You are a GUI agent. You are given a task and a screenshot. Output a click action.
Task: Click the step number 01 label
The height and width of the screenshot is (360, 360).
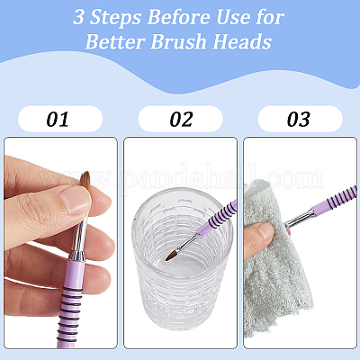[x=58, y=119]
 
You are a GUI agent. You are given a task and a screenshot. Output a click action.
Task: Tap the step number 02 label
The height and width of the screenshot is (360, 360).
[x=181, y=119]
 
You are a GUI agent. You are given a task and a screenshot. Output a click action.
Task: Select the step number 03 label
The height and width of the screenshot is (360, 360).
[x=298, y=119]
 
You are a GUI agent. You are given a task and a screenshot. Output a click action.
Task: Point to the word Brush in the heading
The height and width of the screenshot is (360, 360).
[x=178, y=41]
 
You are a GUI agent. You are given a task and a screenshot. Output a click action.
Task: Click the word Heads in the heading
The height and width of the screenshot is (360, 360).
[x=242, y=41]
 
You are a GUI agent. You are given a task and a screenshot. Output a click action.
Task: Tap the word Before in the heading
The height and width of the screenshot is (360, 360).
[x=178, y=17]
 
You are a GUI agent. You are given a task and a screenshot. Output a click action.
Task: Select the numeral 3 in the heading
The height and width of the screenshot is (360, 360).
[x=79, y=17]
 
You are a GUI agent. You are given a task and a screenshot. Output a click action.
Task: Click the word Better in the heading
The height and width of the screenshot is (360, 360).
[x=115, y=41]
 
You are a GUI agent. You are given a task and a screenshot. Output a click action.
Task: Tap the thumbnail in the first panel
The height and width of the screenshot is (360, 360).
[x=75, y=200]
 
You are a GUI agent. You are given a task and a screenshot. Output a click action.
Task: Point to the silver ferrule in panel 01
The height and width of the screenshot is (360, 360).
[x=78, y=240]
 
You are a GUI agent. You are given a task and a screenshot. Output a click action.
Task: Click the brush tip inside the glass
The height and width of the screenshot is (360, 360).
[x=172, y=256]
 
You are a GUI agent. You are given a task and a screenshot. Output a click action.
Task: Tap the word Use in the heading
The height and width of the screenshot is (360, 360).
[x=233, y=17]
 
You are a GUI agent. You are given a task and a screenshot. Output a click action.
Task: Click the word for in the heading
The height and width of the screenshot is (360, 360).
[x=270, y=17]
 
